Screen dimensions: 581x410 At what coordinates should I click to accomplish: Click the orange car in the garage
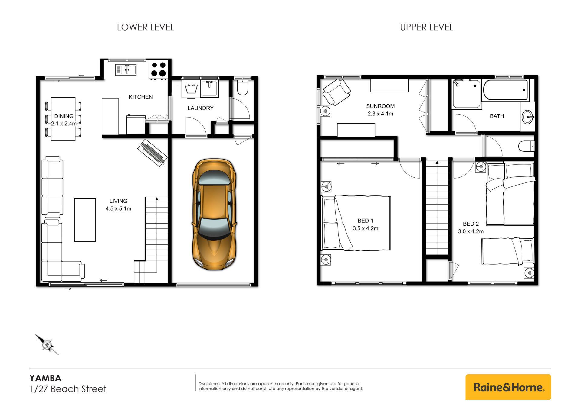click(x=214, y=214)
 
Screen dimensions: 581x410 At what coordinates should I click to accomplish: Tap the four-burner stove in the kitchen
click(x=158, y=69)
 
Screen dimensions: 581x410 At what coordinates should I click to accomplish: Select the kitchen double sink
click(x=126, y=70)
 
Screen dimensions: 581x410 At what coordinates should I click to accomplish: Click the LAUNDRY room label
click(x=200, y=108)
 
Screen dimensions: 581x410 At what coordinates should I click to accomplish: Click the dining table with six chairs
click(x=63, y=119)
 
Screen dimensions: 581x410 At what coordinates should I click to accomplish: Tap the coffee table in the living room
click(x=85, y=220)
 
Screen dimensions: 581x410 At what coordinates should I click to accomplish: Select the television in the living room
click(x=153, y=153)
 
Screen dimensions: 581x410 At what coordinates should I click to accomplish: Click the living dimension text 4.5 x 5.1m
click(x=118, y=208)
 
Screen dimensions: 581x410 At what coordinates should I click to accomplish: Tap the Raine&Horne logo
click(x=508, y=387)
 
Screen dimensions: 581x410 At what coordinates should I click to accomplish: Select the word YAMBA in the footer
click(x=45, y=378)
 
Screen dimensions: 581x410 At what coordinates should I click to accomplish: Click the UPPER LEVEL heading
click(x=426, y=27)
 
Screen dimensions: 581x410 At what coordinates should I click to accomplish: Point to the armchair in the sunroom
click(x=336, y=92)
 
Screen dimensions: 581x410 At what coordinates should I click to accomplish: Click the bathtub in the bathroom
click(x=506, y=90)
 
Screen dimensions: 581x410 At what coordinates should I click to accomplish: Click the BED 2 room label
click(x=471, y=224)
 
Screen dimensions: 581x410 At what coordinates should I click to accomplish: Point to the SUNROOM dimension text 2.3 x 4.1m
click(x=380, y=114)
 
